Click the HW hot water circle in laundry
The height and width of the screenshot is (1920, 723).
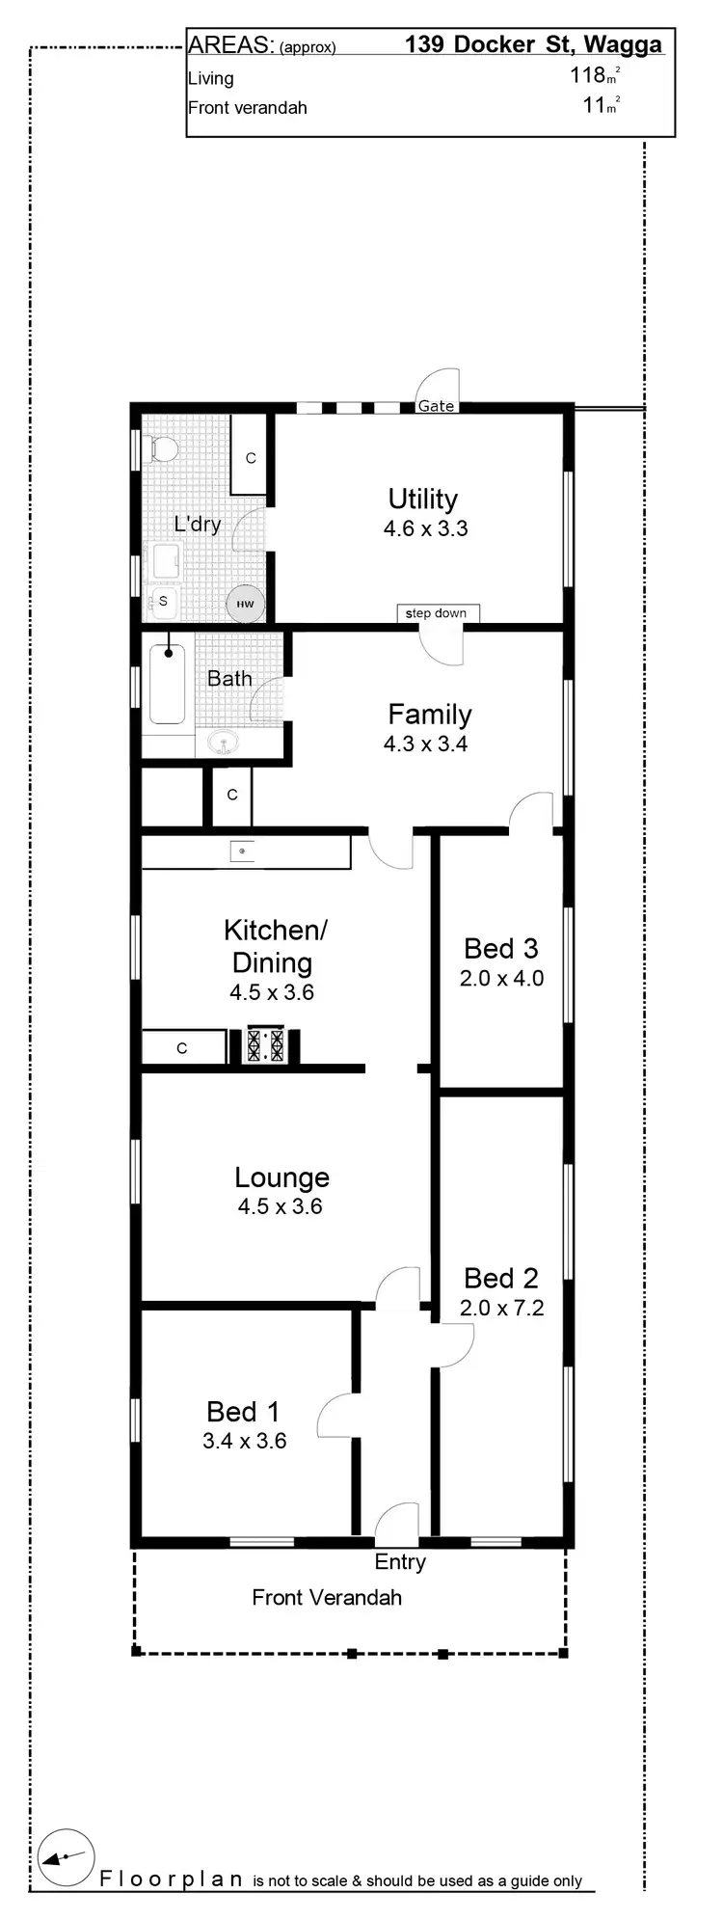coord(245,605)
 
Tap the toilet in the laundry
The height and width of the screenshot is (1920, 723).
coord(161,448)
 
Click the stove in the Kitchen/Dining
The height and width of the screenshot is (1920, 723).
coord(265,1045)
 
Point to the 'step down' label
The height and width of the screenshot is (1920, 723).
coord(437,613)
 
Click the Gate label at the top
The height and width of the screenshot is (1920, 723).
coord(436,406)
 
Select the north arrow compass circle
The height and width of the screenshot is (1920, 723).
coord(66,1855)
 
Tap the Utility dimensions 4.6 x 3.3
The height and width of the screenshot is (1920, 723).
coord(425,528)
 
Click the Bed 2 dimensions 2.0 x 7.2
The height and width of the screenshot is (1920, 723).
coord(501,1308)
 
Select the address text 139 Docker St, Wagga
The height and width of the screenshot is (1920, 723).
coord(533,44)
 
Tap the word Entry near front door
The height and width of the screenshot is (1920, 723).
coord(400,1561)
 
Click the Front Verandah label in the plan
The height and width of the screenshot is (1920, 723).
coord(327,1597)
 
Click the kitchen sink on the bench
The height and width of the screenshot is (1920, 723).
coord(242,852)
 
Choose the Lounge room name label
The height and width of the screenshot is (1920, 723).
coord(281,1177)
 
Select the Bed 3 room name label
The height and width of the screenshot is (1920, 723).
coord(500,949)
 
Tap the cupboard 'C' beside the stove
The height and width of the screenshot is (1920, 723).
coord(182,1048)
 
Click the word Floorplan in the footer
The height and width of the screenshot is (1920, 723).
coord(172,1879)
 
